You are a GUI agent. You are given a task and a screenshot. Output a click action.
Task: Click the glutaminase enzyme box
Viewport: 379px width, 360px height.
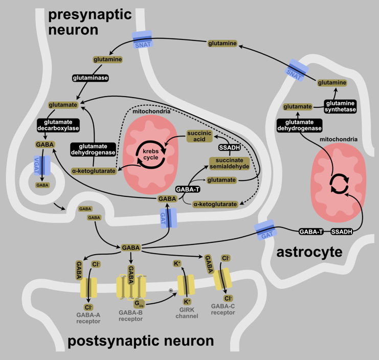[x=92, y=78]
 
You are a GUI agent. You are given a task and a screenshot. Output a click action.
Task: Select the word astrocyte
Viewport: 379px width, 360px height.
[x=308, y=252]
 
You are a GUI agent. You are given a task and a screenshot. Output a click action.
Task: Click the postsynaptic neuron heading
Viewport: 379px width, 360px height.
[x=140, y=341]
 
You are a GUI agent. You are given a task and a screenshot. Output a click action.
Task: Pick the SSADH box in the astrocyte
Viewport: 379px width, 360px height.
[x=342, y=232]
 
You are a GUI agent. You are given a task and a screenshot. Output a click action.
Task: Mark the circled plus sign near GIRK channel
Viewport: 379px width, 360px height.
[x=171, y=290]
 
